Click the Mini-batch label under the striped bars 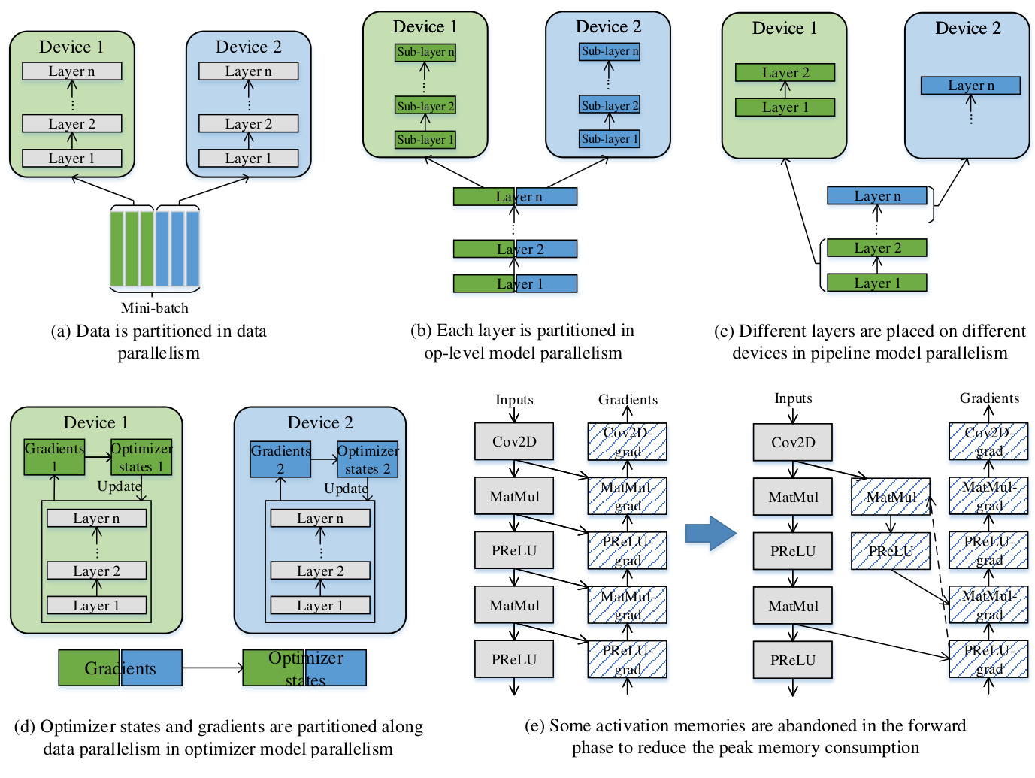point(155,307)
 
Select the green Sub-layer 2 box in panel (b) point(425,106)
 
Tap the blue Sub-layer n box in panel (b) point(610,52)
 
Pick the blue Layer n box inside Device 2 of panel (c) point(970,86)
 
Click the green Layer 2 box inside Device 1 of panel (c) point(785,73)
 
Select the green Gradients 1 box point(54,457)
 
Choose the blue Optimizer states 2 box point(368,459)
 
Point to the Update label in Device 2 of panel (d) point(346,489)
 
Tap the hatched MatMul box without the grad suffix point(891,497)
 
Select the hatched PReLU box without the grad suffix point(891,551)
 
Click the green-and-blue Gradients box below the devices point(120,668)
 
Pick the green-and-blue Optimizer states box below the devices point(304,668)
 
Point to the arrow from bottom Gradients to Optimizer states point(212,668)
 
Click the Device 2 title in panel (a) point(248,47)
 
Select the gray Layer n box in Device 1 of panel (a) point(72,71)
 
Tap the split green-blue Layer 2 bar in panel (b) point(516,249)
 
